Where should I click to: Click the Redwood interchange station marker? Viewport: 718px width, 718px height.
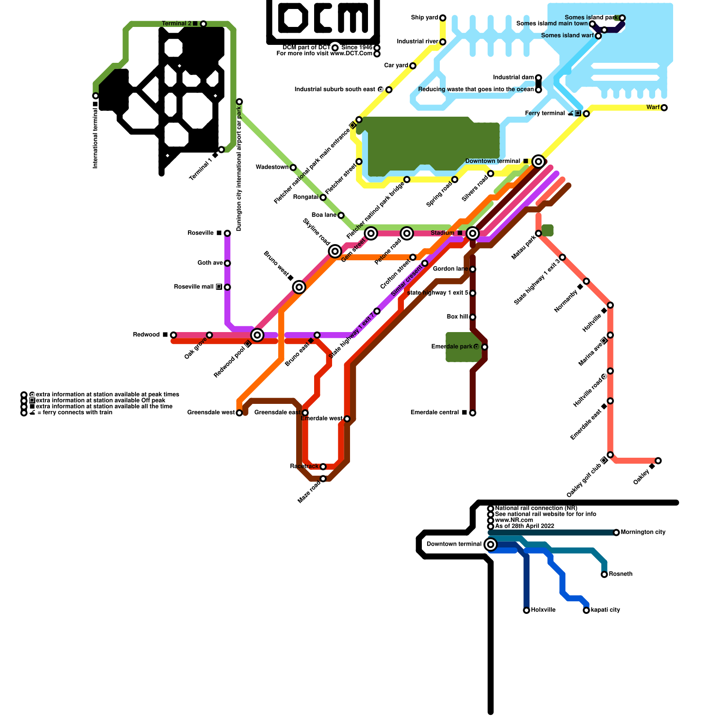257,335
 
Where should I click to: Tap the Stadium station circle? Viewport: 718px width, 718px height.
472,233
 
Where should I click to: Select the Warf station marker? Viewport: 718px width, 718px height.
664,108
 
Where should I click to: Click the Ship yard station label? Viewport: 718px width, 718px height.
424,18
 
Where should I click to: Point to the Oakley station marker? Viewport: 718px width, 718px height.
658,461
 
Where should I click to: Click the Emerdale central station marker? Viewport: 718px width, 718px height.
473,413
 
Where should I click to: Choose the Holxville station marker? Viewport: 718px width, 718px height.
526,610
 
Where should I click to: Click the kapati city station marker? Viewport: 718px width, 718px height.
586,610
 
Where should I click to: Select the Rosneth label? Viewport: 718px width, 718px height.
621,574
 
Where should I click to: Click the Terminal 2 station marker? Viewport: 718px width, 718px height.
203,24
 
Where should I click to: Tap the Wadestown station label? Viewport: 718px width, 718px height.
272,167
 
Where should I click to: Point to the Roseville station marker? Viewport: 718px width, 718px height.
227,233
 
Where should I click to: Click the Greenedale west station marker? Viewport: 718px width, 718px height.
239,413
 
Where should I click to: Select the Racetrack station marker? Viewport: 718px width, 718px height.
323,467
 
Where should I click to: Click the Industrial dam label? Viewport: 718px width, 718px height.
513,78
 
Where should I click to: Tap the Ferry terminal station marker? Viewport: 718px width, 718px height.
586,114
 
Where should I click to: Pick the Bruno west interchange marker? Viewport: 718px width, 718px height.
299,287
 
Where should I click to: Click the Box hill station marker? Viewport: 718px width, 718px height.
473,317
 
